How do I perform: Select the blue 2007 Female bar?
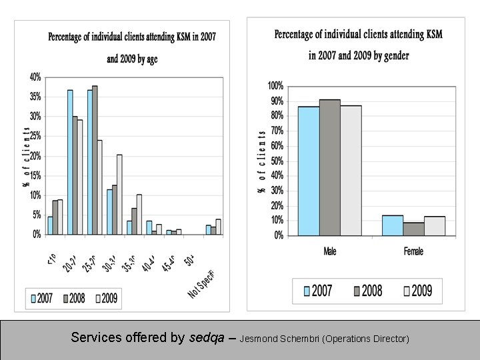(x=393, y=225)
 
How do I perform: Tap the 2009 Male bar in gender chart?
(x=351, y=171)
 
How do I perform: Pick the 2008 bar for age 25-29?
(x=95, y=160)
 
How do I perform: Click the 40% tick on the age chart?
(x=34, y=77)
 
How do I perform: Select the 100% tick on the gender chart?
(x=275, y=86)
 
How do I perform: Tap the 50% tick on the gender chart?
(x=276, y=161)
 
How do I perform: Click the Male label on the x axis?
(x=329, y=251)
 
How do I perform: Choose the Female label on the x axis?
(x=413, y=251)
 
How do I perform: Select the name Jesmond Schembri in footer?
(x=279, y=339)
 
